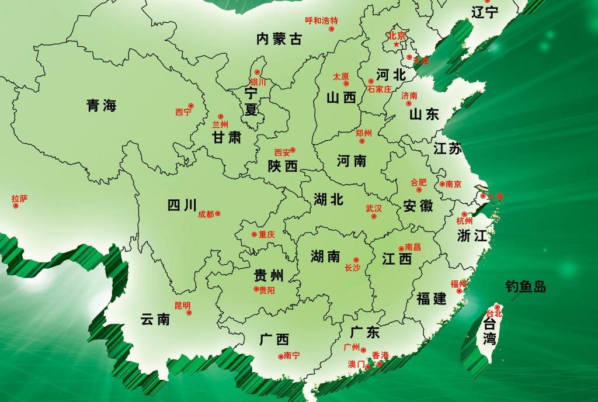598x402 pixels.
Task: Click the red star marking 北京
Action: point(397,44)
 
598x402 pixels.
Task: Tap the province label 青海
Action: point(102,106)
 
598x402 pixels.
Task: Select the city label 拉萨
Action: point(19,199)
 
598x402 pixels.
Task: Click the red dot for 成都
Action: point(218,214)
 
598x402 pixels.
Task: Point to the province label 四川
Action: point(182,205)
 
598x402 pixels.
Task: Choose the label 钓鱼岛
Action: point(526,286)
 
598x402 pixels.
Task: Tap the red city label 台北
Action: point(494,314)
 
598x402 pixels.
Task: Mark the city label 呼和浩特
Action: point(321,20)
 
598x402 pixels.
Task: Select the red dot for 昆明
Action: point(189,313)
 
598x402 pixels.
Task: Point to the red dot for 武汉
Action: point(374,216)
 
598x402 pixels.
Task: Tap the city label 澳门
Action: point(356,364)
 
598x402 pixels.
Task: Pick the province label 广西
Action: point(274,339)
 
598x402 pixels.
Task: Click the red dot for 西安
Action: point(293,150)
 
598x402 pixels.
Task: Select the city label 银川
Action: point(258,82)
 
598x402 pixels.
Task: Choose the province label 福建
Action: point(432,299)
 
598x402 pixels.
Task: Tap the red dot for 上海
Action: point(483,196)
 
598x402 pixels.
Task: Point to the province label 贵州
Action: point(269,275)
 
